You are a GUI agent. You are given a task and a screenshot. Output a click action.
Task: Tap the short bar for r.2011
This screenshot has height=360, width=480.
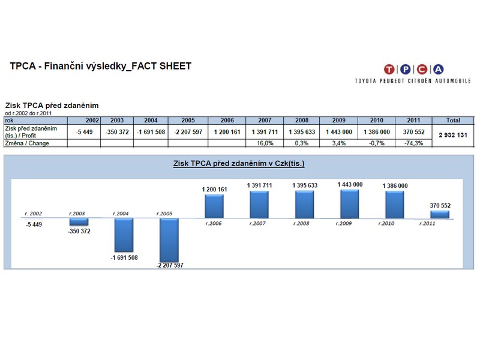click(439, 214)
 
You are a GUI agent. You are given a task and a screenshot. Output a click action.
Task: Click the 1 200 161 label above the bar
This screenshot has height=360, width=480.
click(214, 190)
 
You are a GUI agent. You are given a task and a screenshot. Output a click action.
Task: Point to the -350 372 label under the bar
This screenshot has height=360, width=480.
click(79, 231)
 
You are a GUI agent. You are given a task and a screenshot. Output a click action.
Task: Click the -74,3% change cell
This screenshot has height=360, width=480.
click(413, 143)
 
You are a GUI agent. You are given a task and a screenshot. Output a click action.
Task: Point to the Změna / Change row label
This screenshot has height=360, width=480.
click(27, 143)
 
